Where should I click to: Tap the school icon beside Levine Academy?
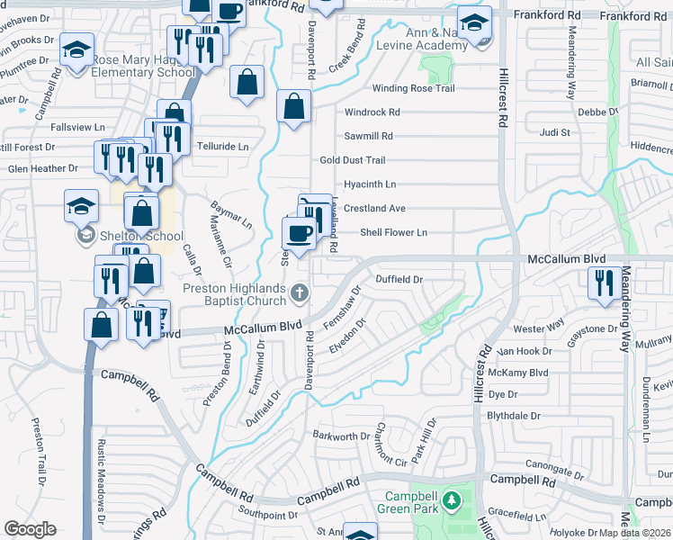click(x=474, y=23)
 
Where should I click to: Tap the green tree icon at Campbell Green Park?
click(x=453, y=499)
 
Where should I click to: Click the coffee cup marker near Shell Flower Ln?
click(x=299, y=234)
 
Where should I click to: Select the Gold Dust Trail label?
click(x=353, y=160)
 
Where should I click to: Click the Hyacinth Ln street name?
click(x=370, y=184)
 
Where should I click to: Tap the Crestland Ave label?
click(x=374, y=208)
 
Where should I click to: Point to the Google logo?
click(x=30, y=529)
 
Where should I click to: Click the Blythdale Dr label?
click(x=513, y=417)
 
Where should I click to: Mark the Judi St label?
click(x=555, y=132)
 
